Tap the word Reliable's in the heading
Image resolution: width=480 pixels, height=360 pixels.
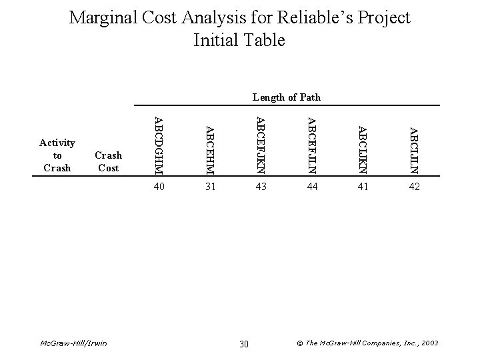[313, 17]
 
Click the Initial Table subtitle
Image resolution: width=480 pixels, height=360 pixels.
[239, 41]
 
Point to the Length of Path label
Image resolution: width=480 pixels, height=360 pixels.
[287, 97]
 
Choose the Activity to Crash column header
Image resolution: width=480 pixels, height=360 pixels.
[57, 155]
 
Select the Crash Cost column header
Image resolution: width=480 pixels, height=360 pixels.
[109, 161]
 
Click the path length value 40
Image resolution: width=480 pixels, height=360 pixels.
[159, 188]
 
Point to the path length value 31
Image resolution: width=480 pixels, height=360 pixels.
[210, 188]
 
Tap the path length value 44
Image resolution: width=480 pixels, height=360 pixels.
[312, 188]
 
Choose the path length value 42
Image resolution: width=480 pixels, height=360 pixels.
[414, 188]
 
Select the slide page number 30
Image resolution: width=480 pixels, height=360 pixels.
[243, 343]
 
